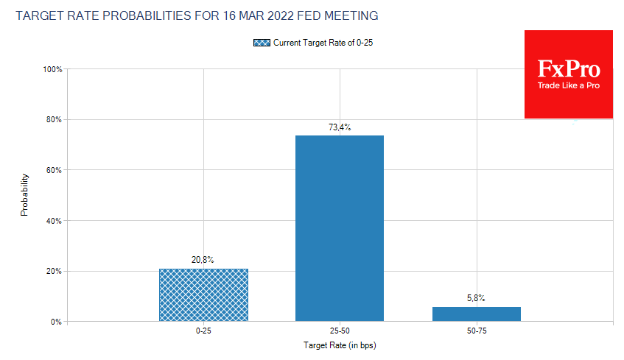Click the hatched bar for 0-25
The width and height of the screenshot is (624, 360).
[203, 294]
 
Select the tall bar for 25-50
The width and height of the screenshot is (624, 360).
[340, 228]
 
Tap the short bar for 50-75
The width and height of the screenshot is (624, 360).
[477, 314]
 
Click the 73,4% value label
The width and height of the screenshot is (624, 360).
[340, 127]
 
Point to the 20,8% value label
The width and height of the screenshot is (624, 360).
[203, 260]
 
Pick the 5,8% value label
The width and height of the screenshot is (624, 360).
[477, 298]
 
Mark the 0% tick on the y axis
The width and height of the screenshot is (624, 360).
[57, 322]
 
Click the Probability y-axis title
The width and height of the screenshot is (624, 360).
[24, 195]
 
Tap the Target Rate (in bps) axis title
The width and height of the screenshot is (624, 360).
[340, 345]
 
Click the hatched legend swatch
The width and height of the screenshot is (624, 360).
[262, 43]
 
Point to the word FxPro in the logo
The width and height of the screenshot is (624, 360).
[568, 70]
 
